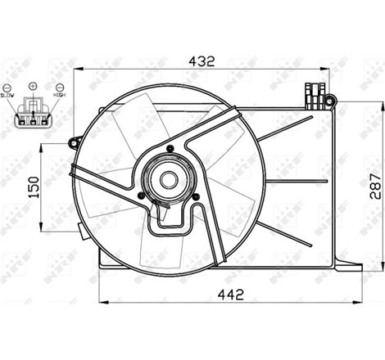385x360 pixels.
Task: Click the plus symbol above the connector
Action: click(34, 85)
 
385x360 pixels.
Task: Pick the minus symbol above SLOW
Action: click(7, 87)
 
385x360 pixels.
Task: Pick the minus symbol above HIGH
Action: click(60, 87)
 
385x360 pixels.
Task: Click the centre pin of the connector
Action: click(33, 123)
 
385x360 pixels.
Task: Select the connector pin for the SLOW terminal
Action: click(23, 123)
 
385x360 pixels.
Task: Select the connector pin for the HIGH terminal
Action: click(43, 123)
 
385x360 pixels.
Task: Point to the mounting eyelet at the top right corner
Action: click(329, 100)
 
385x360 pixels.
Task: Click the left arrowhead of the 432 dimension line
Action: click(79, 69)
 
